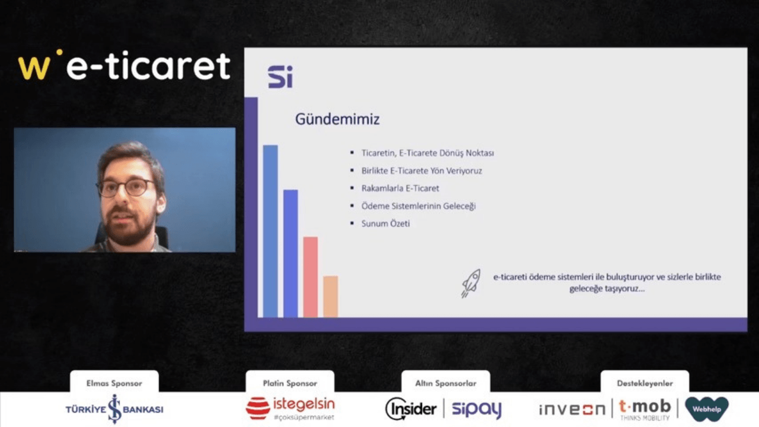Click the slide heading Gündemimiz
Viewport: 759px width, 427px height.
click(337, 120)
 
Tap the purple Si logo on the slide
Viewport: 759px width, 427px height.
click(280, 77)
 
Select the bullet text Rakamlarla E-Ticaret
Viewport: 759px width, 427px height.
click(400, 189)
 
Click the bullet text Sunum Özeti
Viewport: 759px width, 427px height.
click(385, 224)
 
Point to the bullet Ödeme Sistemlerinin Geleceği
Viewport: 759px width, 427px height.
click(419, 206)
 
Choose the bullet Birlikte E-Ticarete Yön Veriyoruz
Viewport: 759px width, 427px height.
click(422, 171)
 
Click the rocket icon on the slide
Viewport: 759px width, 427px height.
click(471, 283)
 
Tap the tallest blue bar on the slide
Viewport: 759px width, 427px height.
click(270, 231)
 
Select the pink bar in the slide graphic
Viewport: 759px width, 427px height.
click(310, 277)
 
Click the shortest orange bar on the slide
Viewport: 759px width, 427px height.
click(330, 297)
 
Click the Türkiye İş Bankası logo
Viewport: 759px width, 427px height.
click(114, 409)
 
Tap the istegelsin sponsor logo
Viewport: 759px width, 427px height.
click(291, 409)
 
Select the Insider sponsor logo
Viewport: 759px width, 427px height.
click(411, 409)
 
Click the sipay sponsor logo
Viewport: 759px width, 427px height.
click(477, 409)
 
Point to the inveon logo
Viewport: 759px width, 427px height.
click(572, 409)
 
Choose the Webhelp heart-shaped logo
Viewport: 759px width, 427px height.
click(707, 409)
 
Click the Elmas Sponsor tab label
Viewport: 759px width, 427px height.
click(114, 383)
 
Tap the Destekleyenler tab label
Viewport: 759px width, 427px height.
click(645, 383)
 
